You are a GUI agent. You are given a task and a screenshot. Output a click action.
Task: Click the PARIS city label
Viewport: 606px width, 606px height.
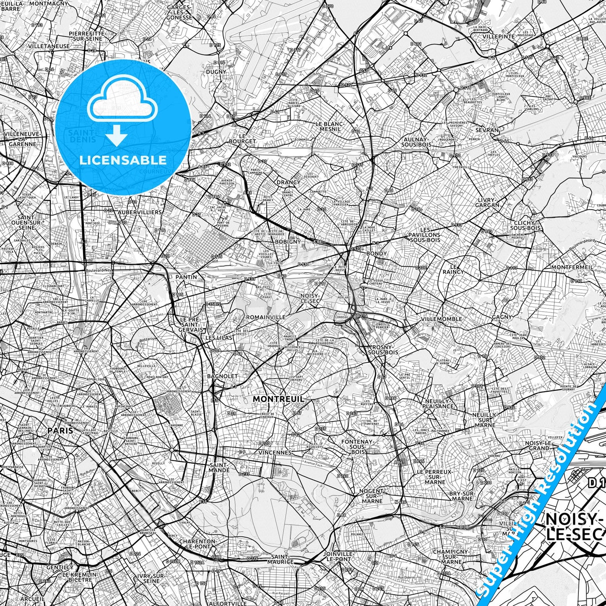click(x=60, y=430)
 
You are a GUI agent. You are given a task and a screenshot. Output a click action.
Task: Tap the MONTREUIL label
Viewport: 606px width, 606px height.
click(x=278, y=399)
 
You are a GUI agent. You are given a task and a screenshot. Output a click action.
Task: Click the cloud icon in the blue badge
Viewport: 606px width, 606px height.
click(x=121, y=102)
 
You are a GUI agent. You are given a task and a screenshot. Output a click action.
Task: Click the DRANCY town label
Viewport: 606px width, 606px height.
click(x=288, y=182)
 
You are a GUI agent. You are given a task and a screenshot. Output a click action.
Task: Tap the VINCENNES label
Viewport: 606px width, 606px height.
click(x=275, y=453)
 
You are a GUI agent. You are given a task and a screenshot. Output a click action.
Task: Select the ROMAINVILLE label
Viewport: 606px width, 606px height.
click(x=266, y=317)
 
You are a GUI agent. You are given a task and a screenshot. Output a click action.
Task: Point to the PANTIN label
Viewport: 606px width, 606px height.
click(x=186, y=277)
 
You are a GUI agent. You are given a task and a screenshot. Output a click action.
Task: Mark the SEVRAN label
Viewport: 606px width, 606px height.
click(x=488, y=130)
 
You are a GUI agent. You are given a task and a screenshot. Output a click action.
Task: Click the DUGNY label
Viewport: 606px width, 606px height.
click(x=216, y=72)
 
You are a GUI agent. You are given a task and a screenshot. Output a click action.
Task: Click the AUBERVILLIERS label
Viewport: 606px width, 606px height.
click(x=140, y=213)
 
